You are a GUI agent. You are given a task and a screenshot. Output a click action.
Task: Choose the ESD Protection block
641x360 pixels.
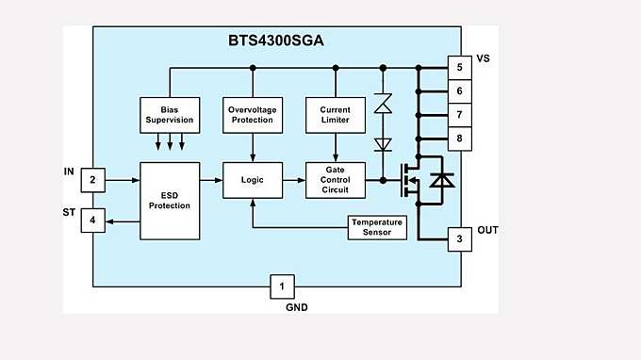coord(170,200)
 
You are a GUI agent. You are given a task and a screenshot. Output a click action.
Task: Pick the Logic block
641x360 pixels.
coord(252,179)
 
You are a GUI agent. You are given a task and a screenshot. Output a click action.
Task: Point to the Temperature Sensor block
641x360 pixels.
coord(376,227)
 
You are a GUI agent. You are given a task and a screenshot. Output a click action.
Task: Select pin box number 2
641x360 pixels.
coord(92,179)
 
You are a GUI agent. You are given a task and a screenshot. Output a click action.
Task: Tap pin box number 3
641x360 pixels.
coord(459,239)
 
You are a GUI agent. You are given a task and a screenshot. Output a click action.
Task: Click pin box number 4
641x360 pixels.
coord(92,221)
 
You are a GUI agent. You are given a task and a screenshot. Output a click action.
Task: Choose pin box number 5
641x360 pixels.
coord(459,68)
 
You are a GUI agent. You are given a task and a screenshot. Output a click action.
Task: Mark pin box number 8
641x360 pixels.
coord(459,139)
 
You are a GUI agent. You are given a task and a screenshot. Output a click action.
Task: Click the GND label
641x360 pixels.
coord(296,307)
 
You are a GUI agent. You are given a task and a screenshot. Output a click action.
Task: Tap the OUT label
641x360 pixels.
coord(487,230)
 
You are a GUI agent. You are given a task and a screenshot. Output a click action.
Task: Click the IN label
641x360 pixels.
coord(68,171)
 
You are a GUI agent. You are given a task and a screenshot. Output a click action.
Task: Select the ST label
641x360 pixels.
coord(68,212)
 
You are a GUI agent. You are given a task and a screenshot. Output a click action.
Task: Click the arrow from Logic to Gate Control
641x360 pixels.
coord(293,179)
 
